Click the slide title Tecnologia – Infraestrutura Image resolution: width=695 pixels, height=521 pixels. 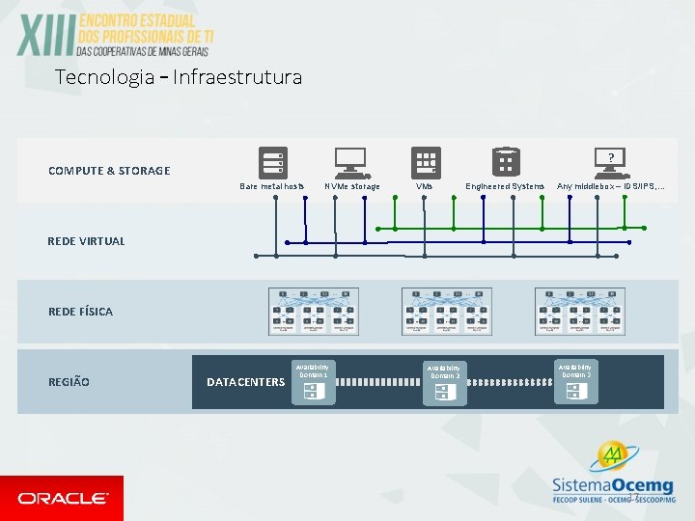point(179,77)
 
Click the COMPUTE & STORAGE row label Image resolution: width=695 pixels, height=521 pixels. point(109,171)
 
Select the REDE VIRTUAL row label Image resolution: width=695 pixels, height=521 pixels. point(87,241)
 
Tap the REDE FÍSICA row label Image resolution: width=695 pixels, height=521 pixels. point(80,312)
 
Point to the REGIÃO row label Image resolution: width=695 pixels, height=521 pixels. point(69,382)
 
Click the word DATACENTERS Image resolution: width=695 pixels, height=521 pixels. point(245,382)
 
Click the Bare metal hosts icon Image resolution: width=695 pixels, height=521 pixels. point(273,161)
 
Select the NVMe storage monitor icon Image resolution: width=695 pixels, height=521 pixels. point(349,160)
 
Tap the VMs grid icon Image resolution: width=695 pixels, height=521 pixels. point(426,161)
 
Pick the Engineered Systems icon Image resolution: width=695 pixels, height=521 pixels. point(505,160)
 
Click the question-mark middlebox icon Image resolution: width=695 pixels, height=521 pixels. point(610,159)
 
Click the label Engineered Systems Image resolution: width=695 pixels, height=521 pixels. point(505,186)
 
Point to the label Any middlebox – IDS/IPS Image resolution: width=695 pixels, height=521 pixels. point(610,186)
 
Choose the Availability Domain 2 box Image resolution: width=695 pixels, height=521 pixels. point(444,382)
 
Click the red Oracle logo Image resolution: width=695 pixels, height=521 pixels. point(62,498)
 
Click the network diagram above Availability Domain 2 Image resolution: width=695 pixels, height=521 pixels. point(444,312)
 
